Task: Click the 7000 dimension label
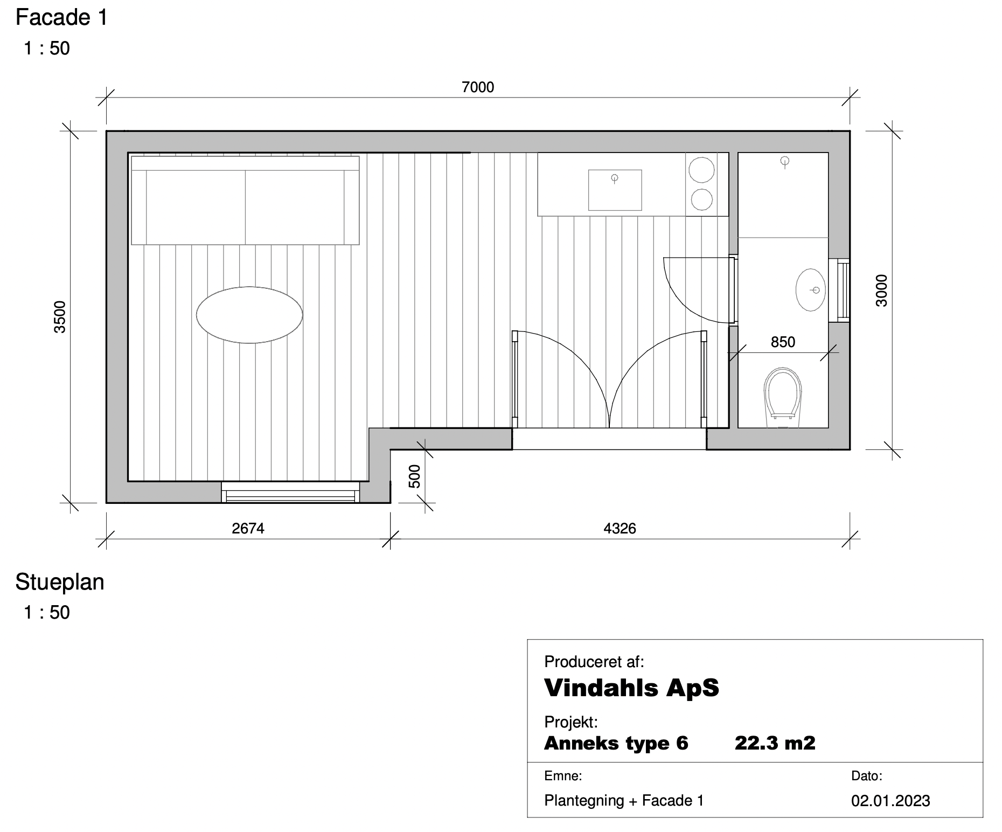click(478, 87)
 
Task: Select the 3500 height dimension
click(60, 317)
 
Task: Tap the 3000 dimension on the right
click(881, 290)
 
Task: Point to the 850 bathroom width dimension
click(783, 342)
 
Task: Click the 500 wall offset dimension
click(414, 476)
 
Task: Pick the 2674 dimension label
click(248, 529)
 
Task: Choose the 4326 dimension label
click(620, 529)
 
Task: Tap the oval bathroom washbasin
click(811, 290)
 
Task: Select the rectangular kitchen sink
click(615, 190)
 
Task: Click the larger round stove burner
click(702, 170)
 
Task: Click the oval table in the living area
click(249, 315)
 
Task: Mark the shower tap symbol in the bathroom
click(785, 162)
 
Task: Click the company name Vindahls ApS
click(631, 688)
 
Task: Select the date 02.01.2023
click(890, 801)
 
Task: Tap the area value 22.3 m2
click(775, 744)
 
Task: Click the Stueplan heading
click(60, 583)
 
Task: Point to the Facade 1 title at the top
click(61, 18)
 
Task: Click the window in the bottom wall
click(290, 492)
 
